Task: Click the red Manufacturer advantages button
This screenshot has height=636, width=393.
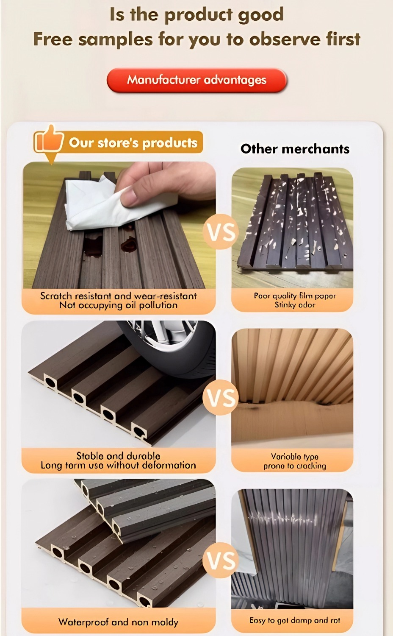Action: (x=196, y=80)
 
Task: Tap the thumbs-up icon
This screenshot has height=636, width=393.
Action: (x=48, y=139)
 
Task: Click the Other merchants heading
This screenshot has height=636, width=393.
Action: (x=295, y=149)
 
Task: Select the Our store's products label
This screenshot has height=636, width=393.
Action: (x=133, y=143)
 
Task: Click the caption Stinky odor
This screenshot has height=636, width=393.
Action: (x=295, y=305)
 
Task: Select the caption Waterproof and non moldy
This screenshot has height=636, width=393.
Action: (x=118, y=622)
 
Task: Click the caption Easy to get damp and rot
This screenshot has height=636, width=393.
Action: (x=295, y=620)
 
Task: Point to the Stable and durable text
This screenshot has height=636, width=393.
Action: (x=118, y=456)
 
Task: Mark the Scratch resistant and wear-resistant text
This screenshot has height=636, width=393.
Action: (x=118, y=296)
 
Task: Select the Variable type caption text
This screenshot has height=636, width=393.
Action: (x=295, y=457)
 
